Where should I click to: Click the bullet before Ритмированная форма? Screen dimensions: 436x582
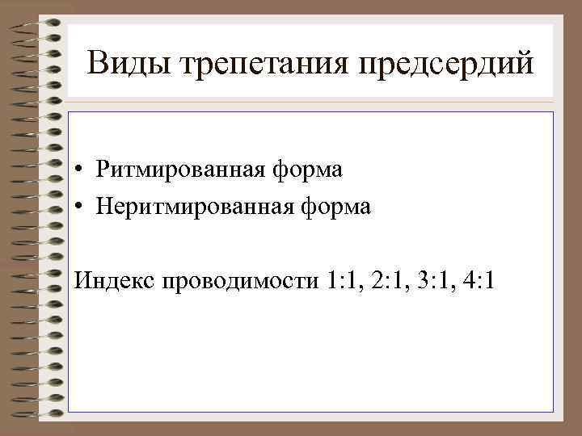[82, 171]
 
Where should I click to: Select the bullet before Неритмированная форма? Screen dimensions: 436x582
[82, 208]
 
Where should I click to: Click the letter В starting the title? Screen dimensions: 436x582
[99, 63]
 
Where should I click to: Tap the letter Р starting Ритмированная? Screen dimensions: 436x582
[100, 170]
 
